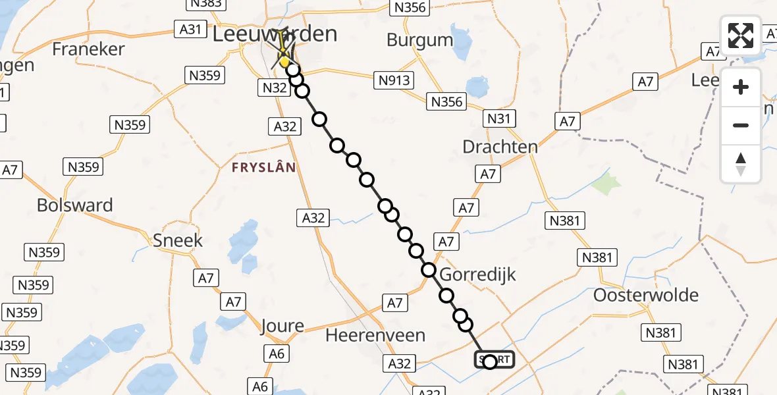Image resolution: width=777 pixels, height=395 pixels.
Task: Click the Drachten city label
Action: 500,146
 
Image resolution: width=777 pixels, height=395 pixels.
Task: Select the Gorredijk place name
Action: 477,275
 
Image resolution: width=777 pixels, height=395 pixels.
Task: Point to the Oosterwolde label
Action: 646,295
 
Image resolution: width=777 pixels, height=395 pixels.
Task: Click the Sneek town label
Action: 178,240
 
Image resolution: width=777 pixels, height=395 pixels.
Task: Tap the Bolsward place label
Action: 74,205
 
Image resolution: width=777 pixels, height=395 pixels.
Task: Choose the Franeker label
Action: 88,49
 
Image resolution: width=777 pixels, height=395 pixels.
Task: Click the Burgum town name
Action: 419,40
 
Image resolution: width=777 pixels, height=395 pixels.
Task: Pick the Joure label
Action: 282,325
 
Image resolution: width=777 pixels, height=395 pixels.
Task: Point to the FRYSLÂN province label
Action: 263,168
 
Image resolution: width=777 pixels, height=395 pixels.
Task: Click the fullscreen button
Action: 741,36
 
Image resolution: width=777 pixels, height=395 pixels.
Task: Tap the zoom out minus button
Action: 741,125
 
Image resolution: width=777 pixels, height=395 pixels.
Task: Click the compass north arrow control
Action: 741,163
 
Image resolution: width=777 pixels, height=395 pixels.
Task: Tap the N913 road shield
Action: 394,80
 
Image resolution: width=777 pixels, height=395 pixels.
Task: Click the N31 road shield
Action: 499,118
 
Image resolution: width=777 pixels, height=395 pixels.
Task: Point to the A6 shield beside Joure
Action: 277,354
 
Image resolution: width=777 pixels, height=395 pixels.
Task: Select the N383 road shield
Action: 204,3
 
